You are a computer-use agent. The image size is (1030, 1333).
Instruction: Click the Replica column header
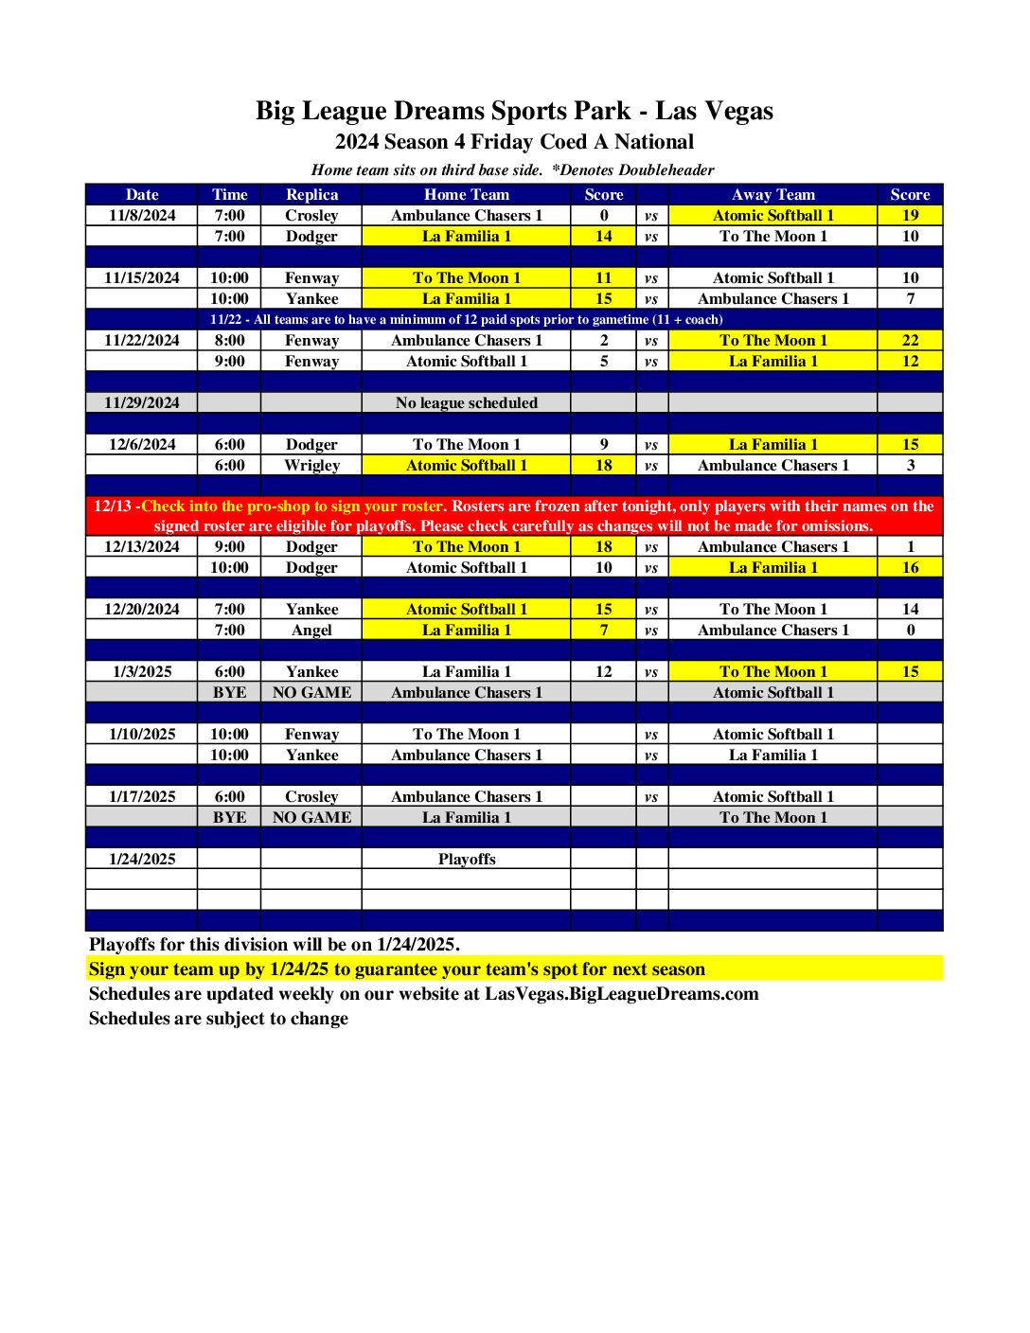311,194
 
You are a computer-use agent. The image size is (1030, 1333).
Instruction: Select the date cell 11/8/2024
142,215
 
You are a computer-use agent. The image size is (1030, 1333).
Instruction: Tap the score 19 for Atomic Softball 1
910,215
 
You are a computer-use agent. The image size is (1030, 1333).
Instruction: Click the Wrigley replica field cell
311,465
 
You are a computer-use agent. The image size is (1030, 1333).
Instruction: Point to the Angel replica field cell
311,630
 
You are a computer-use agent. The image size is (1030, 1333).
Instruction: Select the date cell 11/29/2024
142,402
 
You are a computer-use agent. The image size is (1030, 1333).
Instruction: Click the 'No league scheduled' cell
466,402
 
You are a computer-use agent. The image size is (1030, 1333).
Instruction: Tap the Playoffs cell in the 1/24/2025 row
466,859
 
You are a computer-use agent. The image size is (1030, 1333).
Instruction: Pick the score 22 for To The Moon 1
910,340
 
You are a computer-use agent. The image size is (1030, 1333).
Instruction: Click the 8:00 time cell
229,340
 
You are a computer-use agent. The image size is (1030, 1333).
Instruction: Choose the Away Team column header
772,194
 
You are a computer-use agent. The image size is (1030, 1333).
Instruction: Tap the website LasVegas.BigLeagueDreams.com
621,993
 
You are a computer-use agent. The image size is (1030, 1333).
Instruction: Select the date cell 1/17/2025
142,796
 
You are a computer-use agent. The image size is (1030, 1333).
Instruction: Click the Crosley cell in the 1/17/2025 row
311,796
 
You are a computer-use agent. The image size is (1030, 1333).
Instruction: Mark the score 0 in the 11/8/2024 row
603,215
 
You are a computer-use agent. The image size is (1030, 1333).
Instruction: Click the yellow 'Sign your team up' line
397,969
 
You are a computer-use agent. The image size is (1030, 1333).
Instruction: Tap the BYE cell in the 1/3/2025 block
229,692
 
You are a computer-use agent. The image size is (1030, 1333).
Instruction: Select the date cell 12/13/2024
142,546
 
